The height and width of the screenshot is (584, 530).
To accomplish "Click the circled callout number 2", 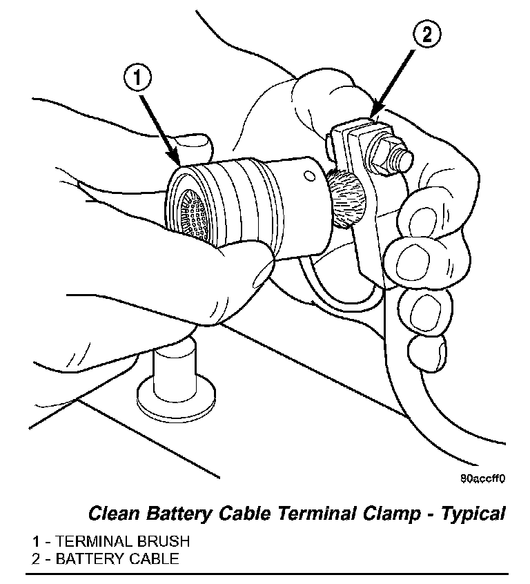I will pyautogui.click(x=427, y=35).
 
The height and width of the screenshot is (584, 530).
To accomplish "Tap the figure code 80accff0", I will pyautogui.click(x=484, y=478).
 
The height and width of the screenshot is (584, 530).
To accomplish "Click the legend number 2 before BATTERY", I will pyautogui.click(x=35, y=558).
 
